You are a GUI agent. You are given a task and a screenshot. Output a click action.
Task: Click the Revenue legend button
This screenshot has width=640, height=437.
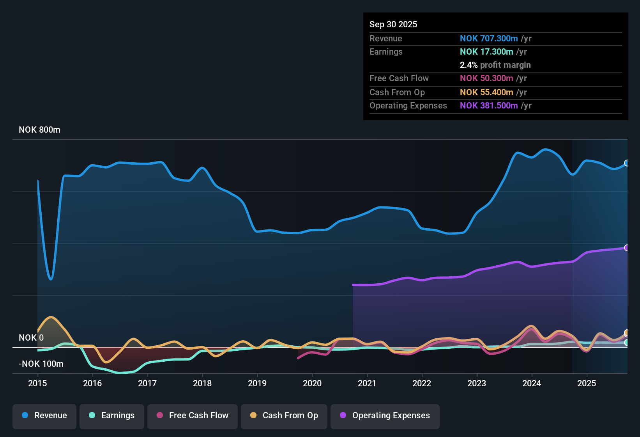44,416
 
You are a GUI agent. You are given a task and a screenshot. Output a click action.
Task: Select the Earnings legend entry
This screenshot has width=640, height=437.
112,416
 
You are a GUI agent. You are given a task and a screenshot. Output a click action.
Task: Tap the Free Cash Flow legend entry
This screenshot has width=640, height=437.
193,416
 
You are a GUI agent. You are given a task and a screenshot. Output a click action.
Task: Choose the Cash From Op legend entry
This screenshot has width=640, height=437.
284,416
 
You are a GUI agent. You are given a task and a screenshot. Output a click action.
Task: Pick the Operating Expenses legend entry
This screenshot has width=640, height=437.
385,416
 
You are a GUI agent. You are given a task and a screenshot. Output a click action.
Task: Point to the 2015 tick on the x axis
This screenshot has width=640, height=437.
37,384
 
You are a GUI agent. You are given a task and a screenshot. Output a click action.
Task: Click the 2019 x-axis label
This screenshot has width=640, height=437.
257,384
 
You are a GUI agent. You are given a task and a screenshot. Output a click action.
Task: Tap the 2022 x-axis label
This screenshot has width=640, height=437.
422,384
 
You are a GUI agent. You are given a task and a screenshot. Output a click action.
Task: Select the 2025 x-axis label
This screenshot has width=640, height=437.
587,384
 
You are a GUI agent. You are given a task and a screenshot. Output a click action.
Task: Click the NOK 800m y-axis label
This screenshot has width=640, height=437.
39,130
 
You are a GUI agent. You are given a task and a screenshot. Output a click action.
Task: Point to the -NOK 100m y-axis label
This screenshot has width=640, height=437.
41,364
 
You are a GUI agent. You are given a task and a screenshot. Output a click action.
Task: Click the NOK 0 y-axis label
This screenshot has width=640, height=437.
31,338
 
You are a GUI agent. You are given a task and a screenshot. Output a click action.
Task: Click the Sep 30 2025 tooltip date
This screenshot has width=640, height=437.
393,25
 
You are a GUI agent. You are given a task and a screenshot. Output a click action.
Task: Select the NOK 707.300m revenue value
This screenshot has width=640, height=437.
489,39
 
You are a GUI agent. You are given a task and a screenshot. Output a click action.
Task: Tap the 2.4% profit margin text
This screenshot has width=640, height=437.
495,65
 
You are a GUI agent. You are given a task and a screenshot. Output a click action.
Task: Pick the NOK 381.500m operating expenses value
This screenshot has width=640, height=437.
489,106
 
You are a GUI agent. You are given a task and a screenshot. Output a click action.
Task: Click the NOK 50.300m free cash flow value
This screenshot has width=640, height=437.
486,78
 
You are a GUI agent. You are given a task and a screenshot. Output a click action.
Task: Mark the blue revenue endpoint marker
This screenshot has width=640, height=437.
626,163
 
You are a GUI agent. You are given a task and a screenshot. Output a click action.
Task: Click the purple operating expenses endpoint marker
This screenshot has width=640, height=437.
626,248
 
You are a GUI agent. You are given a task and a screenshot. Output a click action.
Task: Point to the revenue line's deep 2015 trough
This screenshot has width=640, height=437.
51,279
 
